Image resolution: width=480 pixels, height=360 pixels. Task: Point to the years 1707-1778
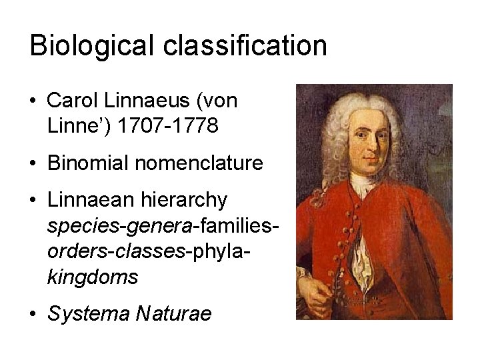[167, 125]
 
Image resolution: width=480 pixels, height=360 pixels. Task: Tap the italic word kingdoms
[93, 276]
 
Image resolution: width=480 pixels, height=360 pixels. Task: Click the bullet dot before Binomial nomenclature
[33, 163]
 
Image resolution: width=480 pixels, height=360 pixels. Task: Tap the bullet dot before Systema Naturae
[33, 314]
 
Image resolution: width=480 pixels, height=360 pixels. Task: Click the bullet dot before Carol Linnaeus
[33, 102]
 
